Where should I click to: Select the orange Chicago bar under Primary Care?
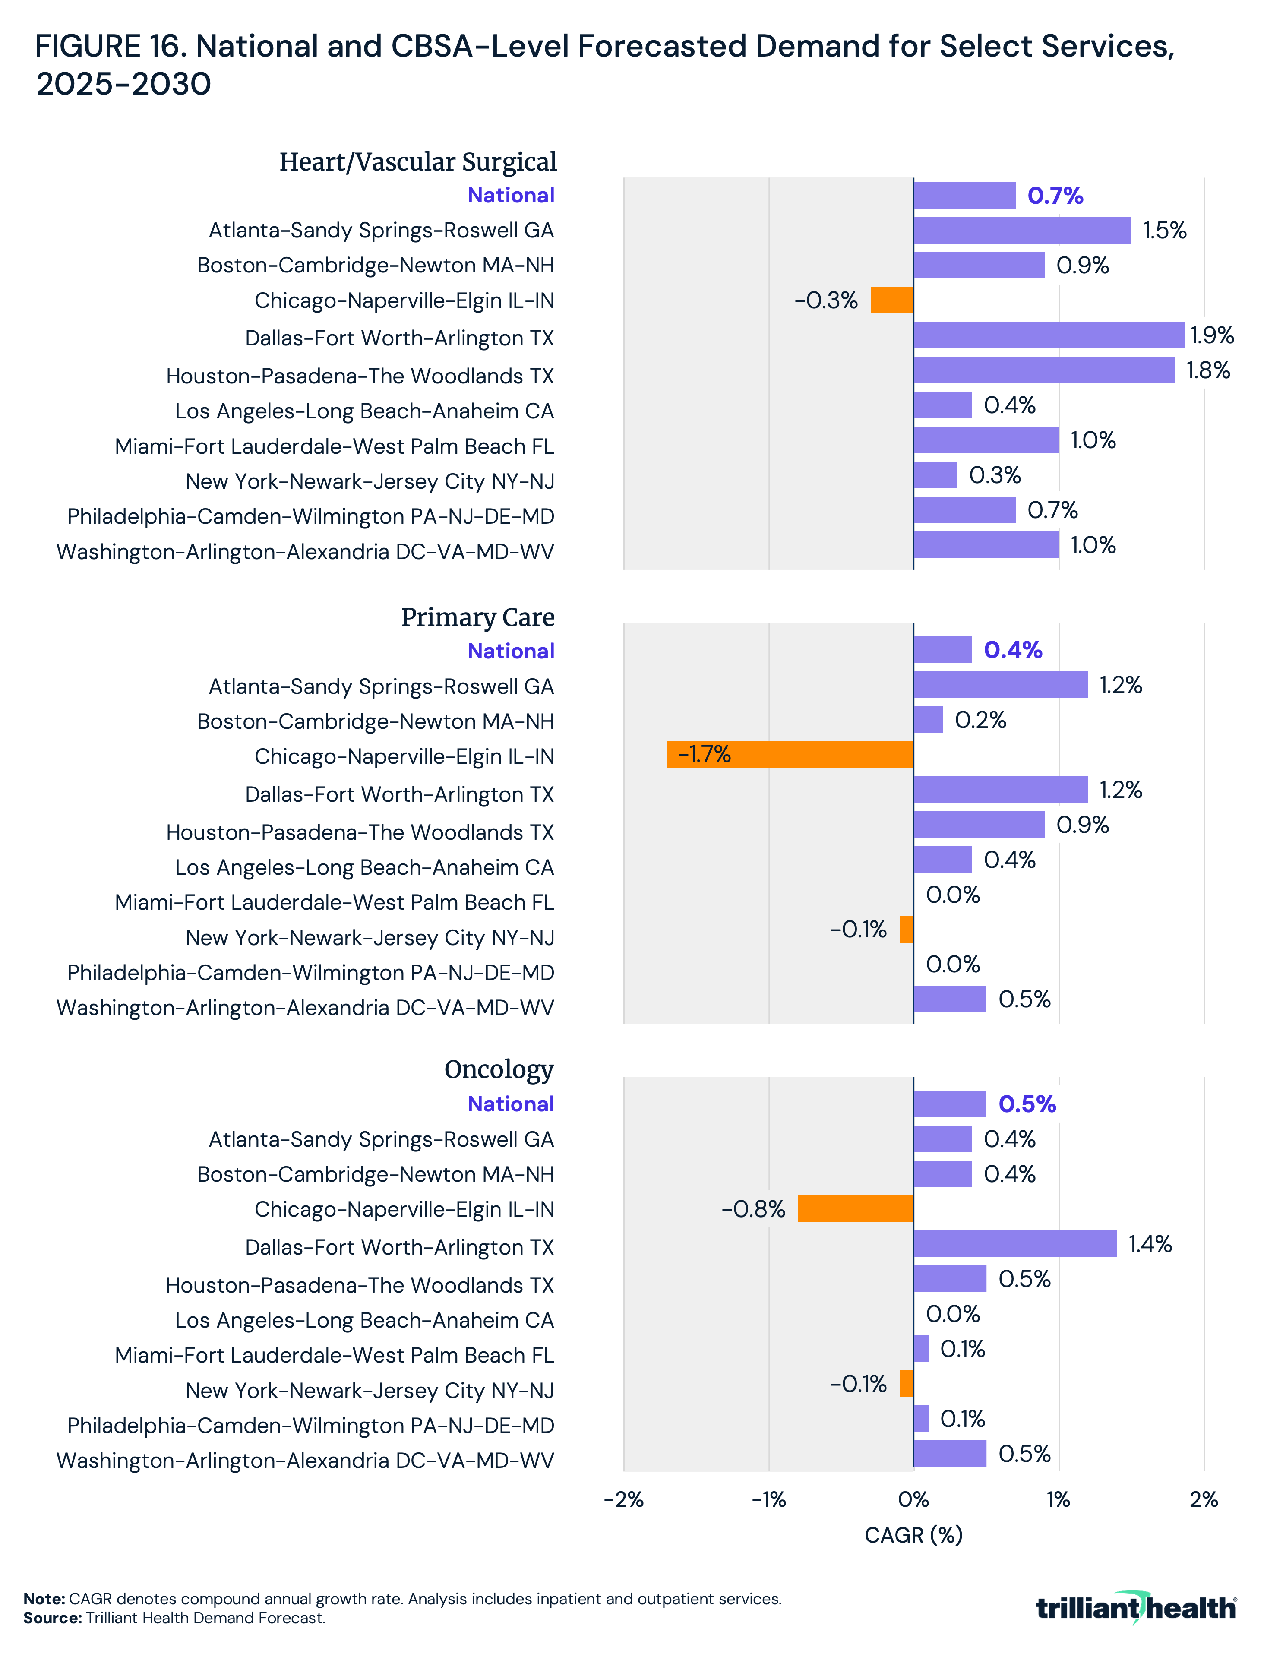(x=790, y=754)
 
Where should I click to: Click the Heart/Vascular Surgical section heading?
(x=417, y=162)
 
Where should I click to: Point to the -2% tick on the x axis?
(x=623, y=1499)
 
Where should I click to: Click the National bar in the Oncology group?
(x=950, y=1104)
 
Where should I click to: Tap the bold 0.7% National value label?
(x=1055, y=196)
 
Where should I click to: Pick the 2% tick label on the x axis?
(x=1204, y=1499)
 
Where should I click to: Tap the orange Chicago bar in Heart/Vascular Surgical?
(x=891, y=300)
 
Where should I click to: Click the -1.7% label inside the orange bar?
(x=705, y=754)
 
